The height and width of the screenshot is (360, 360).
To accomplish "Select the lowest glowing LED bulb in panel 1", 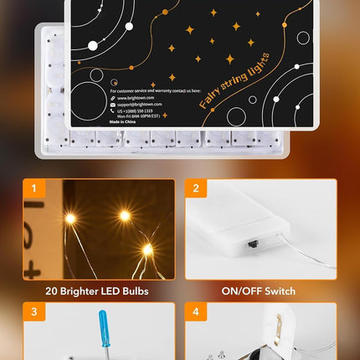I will point(147,249).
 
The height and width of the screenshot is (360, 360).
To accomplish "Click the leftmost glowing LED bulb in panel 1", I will point(70,219).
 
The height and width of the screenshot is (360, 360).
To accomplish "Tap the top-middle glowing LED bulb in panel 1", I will point(124,215).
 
